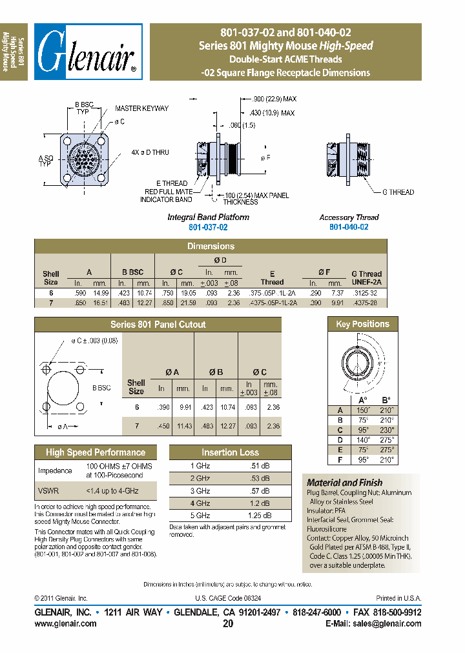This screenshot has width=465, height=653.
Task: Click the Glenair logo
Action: pyautogui.click(x=88, y=52)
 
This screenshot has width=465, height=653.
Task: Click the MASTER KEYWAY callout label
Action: pyautogui.click(x=142, y=108)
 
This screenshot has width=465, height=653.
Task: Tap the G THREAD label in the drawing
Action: pyautogui.click(x=398, y=192)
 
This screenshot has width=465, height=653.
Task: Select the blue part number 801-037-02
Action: pyautogui.click(x=208, y=227)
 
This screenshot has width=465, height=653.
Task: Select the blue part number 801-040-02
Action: pyautogui.click(x=349, y=227)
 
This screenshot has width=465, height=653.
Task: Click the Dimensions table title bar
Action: pyautogui.click(x=211, y=246)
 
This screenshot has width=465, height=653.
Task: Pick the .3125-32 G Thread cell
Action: pyautogui.click(x=366, y=292)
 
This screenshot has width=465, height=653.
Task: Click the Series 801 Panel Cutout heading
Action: pyautogui.click(x=158, y=325)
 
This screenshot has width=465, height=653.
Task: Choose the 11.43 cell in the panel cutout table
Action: pyautogui.click(x=185, y=426)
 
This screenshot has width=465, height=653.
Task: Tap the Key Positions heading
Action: pyautogui.click(x=362, y=324)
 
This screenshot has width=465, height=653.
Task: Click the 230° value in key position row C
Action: pyautogui.click(x=386, y=429)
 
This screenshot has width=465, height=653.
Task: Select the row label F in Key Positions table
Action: pyautogui.click(x=340, y=459)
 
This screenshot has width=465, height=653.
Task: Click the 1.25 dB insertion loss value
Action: pyautogui.click(x=261, y=516)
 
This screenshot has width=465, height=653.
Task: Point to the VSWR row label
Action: pyautogui.click(x=47, y=490)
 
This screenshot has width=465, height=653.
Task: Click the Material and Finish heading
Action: pyautogui.click(x=344, y=483)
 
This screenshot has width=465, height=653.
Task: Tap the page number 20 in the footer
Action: pyautogui.click(x=227, y=623)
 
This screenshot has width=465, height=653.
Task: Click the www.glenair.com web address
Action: pyautogui.click(x=65, y=623)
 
